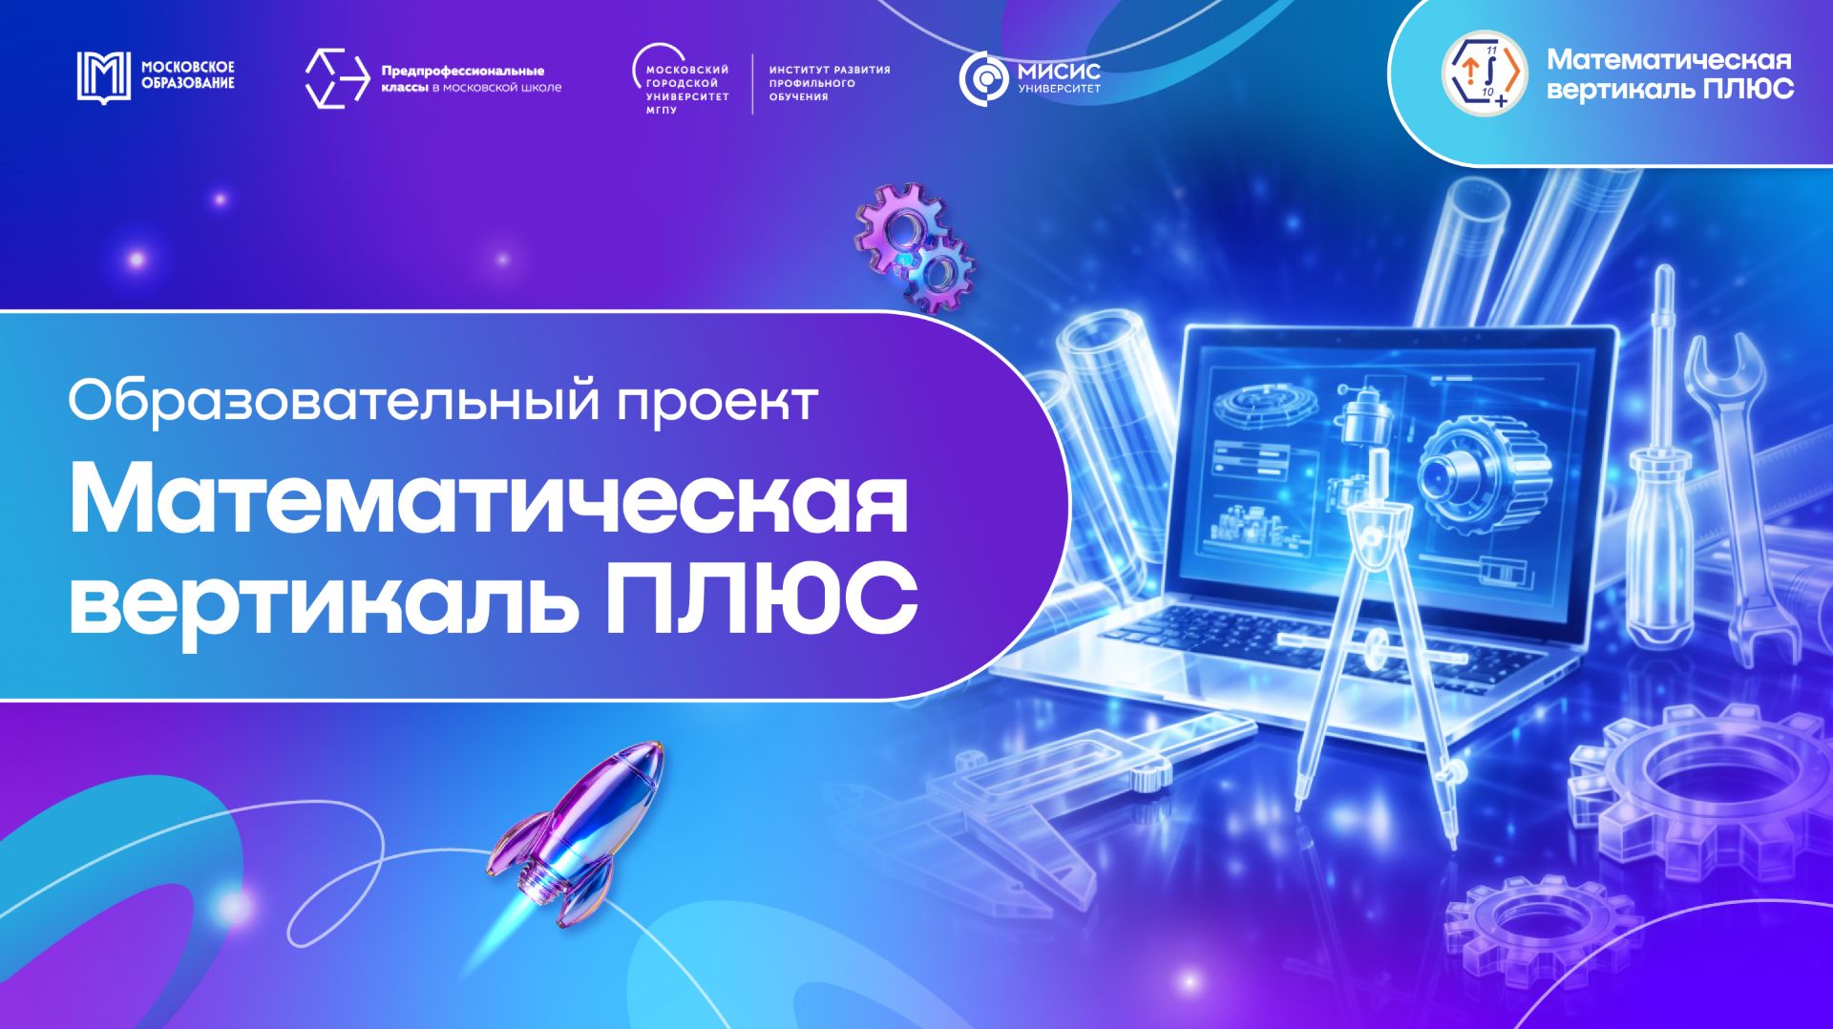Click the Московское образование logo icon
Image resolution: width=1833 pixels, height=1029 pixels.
(x=103, y=77)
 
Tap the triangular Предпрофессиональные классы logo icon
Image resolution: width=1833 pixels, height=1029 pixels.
(x=336, y=78)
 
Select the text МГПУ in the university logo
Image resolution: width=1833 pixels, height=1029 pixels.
(x=662, y=111)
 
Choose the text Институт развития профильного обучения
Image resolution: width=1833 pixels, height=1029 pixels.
(x=829, y=83)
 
